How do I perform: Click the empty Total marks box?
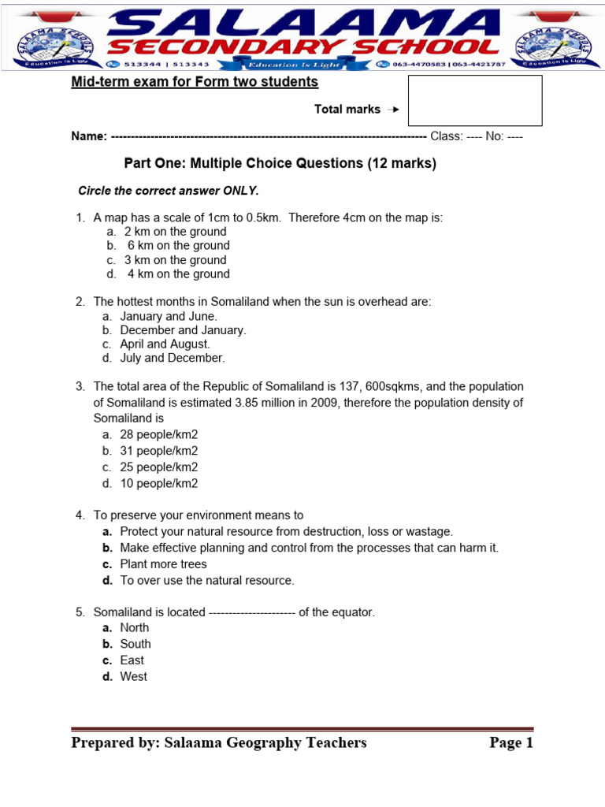[475, 101]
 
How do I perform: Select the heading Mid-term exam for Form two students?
[195, 82]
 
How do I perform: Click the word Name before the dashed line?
[89, 136]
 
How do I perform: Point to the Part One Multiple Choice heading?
[280, 164]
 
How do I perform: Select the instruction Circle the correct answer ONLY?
[168, 191]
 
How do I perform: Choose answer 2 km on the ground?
[175, 232]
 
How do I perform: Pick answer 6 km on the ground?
[178, 246]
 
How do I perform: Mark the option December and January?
[183, 330]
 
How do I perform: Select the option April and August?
[165, 344]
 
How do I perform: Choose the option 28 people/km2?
[158, 434]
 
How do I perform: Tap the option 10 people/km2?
[158, 484]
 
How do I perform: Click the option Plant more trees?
[163, 564]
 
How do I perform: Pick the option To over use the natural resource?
[206, 581]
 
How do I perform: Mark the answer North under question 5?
[134, 628]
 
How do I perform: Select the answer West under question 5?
[133, 677]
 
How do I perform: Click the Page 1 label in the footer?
[511, 743]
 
